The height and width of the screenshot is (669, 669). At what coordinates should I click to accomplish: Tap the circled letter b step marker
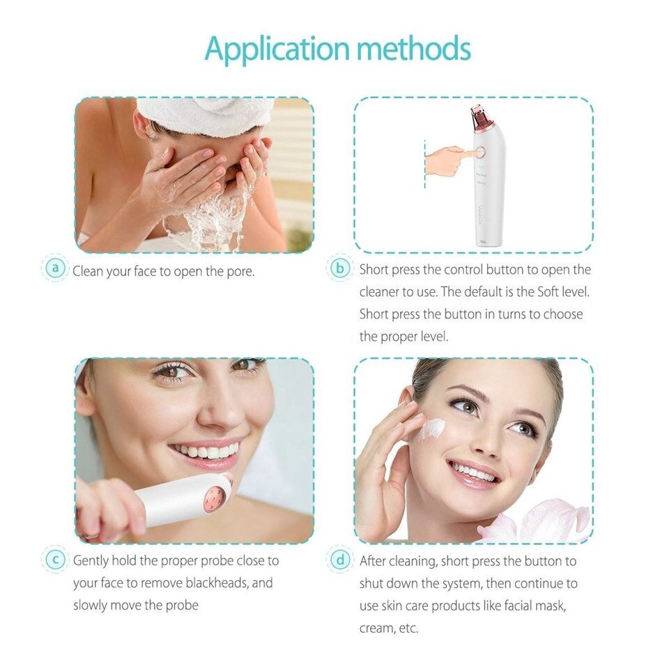click(x=340, y=268)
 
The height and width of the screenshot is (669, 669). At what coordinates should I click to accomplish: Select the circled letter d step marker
click(x=340, y=560)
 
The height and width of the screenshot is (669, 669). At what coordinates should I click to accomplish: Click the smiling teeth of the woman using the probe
click(x=205, y=451)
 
